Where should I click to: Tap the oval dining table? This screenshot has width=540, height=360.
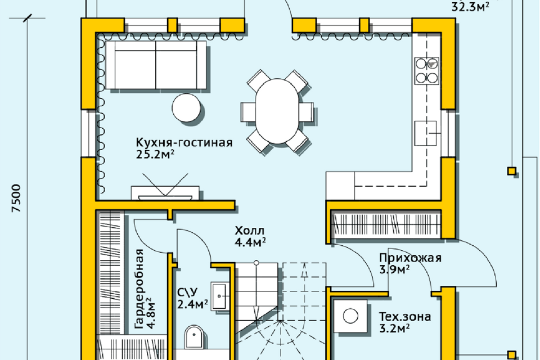pos(277,111)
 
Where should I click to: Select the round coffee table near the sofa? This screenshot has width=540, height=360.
pos(186,107)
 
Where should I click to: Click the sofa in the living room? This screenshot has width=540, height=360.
pos(156,65)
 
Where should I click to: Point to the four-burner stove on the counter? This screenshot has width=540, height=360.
pos(427,71)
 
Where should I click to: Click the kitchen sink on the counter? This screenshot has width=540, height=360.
pos(426,133)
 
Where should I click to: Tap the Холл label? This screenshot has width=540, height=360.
pos(249,231)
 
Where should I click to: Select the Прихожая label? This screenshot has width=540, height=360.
pos(410,258)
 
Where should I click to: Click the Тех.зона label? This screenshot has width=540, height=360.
pos(405,317)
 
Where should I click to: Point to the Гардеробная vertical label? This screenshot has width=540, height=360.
pos(139,289)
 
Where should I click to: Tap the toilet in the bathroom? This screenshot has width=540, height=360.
pos(194,336)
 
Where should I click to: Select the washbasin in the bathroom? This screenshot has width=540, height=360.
pos(219,296)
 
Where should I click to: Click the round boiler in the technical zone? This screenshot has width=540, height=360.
pos(350,316)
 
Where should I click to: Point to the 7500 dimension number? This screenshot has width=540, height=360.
pos(16,198)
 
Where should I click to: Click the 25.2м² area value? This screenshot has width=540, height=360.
pos(155,154)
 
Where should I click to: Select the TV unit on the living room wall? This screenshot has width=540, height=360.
pos(165,193)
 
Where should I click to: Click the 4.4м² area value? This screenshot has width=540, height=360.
pos(250,242)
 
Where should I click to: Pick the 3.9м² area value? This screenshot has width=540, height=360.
pos(394,269)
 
